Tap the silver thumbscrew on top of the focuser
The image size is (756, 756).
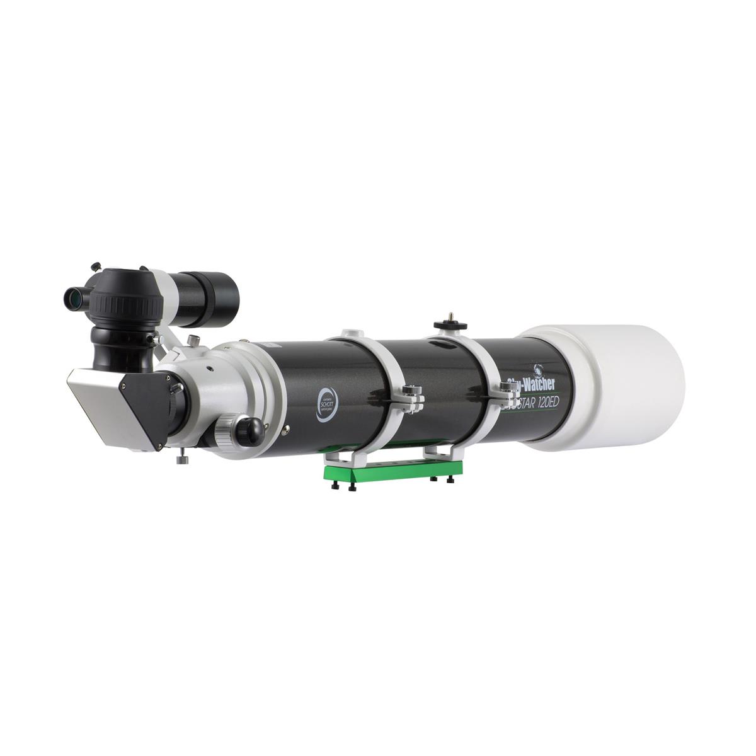[x=194, y=340]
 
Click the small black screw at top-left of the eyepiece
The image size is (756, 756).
[x=96, y=266]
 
